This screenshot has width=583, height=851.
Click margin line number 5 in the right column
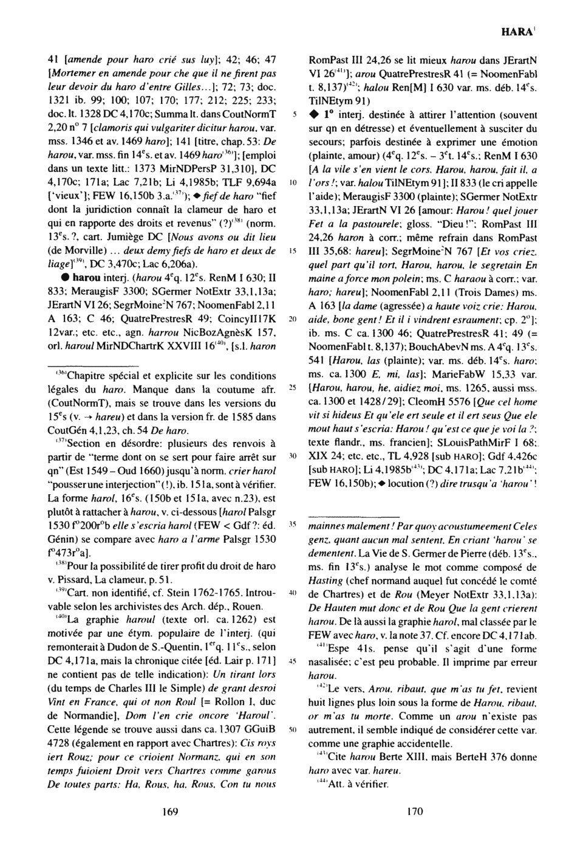click(295, 113)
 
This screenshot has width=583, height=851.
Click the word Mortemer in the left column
click(72, 74)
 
